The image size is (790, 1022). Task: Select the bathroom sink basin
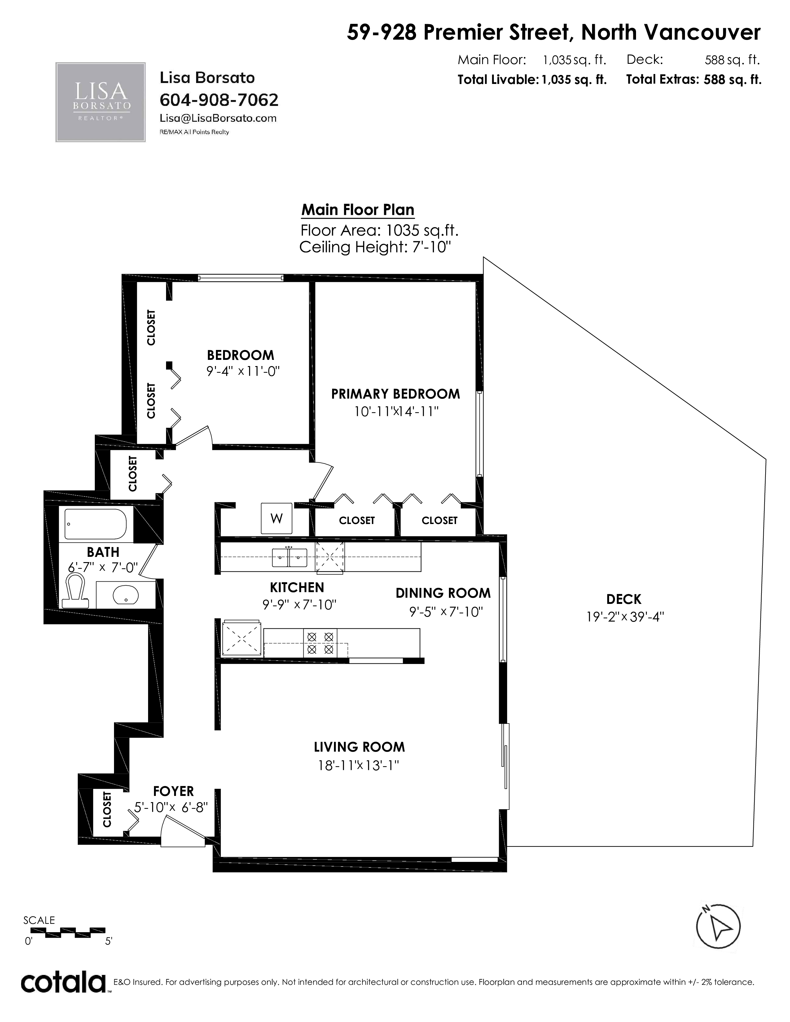(x=125, y=595)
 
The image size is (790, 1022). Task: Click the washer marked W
(x=277, y=518)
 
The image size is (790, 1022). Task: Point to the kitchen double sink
(x=290, y=557)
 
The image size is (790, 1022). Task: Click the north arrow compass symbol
(x=718, y=927)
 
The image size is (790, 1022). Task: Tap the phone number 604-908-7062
(x=219, y=100)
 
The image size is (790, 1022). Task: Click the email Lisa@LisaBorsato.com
(x=218, y=118)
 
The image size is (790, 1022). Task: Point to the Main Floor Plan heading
(x=358, y=210)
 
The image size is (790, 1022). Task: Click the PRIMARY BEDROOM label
(x=396, y=394)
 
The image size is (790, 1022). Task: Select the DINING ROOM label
(x=443, y=593)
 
